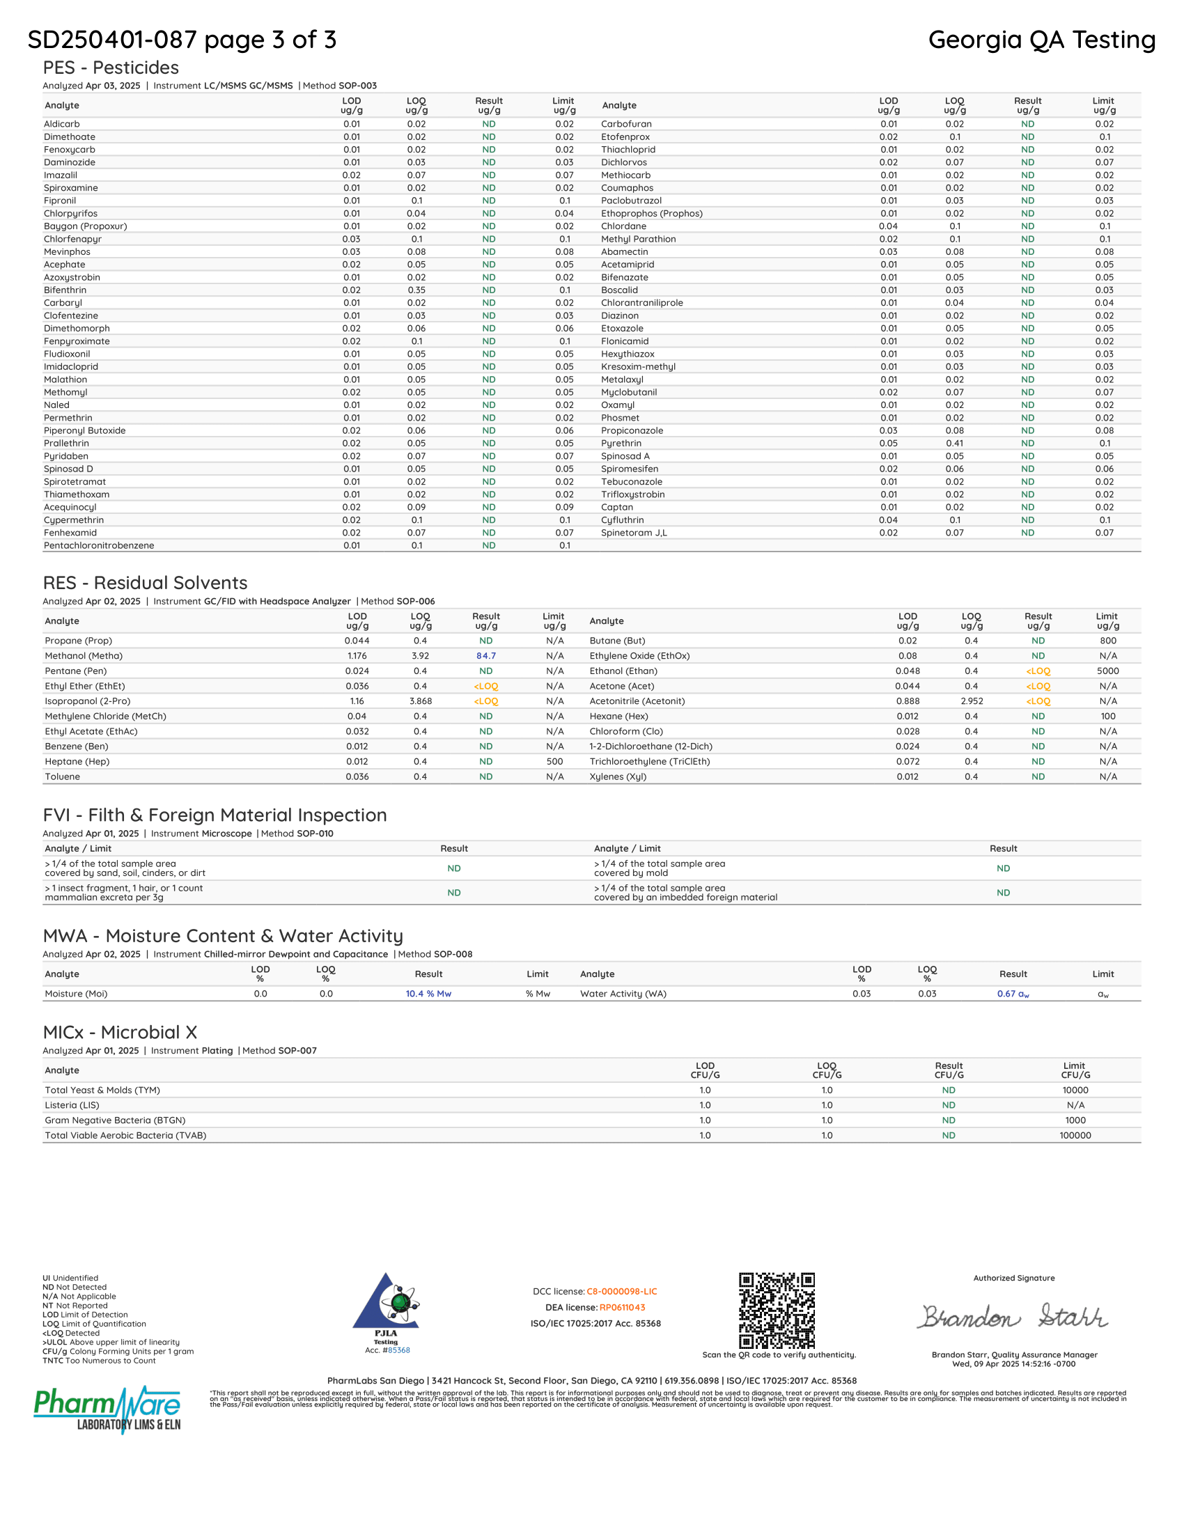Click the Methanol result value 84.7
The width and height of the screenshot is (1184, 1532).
[485, 656]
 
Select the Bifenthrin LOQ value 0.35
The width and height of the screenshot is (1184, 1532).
[416, 290]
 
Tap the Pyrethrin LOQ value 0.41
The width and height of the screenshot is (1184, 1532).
[954, 444]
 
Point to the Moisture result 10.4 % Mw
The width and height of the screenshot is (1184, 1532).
[428, 994]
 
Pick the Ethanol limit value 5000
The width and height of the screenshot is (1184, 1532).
[1107, 671]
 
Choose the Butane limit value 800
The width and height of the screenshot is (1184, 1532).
[1107, 641]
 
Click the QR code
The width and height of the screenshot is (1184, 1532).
[777, 1311]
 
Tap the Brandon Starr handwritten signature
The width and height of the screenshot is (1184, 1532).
[1013, 1317]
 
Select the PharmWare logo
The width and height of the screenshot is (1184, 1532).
[107, 1410]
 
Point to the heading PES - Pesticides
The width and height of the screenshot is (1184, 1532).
[111, 68]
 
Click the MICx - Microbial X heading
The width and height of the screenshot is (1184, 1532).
[120, 1033]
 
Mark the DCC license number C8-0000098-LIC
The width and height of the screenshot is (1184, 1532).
[621, 1291]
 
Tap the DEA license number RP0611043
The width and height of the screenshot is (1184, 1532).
[622, 1308]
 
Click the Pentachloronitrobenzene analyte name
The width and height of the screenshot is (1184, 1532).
[99, 546]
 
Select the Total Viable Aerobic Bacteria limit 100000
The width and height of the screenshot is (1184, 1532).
[1075, 1136]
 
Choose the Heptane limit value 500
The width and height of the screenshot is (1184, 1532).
[554, 762]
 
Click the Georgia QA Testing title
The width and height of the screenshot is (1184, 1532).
[1042, 40]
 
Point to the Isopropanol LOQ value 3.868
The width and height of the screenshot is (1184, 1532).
[419, 701]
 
